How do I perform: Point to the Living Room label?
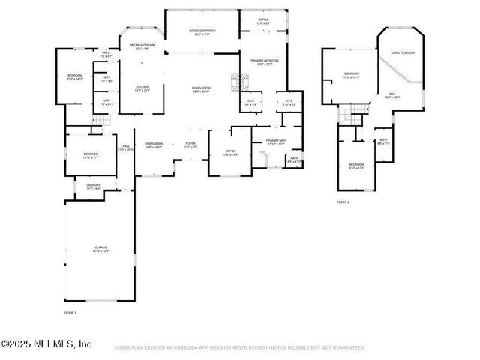[199, 89]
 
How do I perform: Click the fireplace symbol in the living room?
[238, 79]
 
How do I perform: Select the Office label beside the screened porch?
[263, 21]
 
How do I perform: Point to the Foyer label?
[190, 145]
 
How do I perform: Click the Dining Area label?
[154, 145]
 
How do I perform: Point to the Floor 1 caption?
[70, 311]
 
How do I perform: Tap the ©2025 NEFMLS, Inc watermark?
[46, 343]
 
